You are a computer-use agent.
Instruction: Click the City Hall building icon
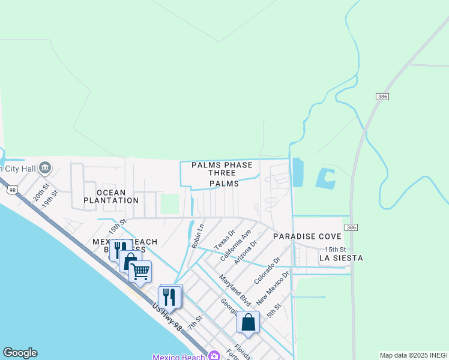(44, 169)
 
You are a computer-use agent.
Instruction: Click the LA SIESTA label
(341, 258)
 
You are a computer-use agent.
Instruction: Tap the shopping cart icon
(140, 271)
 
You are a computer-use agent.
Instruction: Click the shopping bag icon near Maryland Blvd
(248, 323)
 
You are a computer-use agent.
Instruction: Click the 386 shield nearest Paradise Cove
(351, 227)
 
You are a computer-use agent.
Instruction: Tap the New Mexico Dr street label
(273, 287)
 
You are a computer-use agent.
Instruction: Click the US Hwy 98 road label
(167, 316)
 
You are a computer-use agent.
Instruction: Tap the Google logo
(20, 353)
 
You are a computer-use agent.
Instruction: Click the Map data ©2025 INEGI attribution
(414, 355)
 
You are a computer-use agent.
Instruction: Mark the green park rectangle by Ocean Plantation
(170, 204)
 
